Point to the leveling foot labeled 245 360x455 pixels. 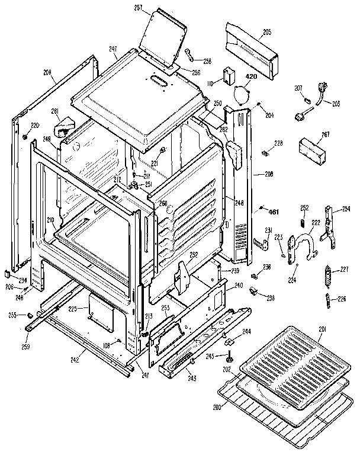click(x=229, y=357)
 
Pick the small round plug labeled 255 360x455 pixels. click(x=28, y=315)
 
